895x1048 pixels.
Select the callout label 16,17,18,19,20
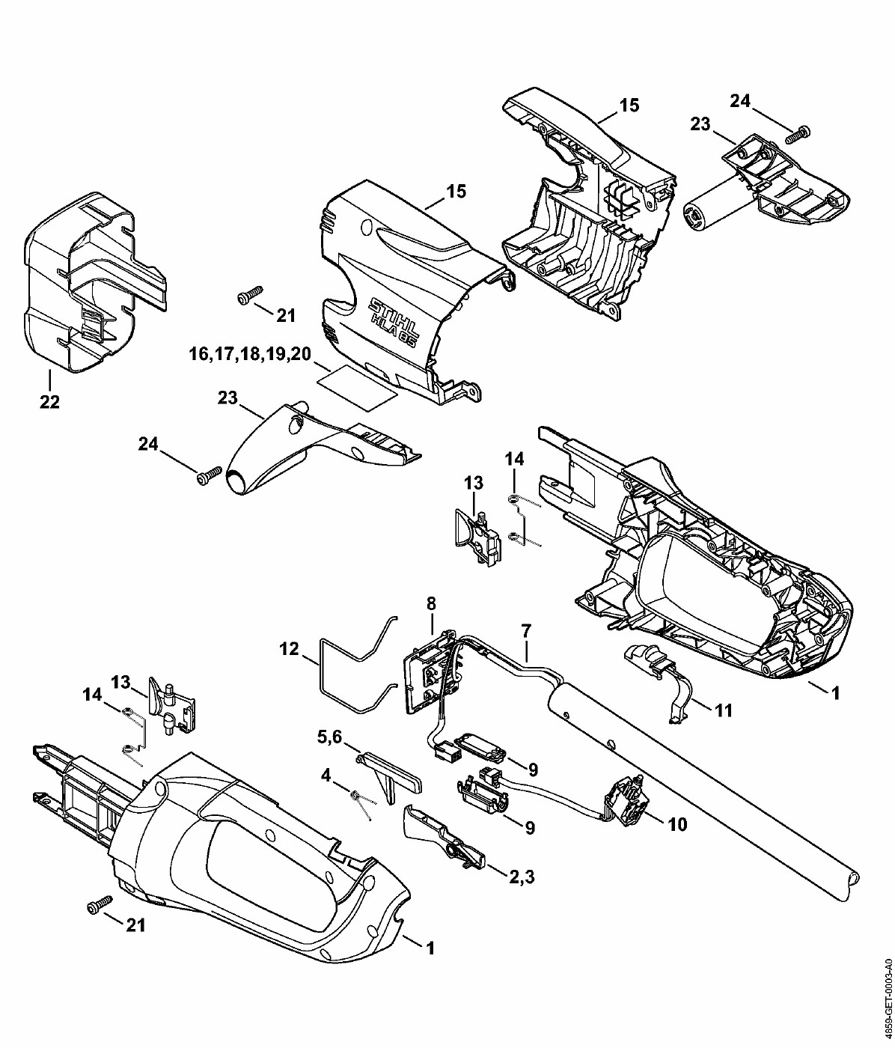250,353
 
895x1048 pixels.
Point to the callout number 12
290,648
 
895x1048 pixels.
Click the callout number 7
526,631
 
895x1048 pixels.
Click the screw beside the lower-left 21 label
100,904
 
